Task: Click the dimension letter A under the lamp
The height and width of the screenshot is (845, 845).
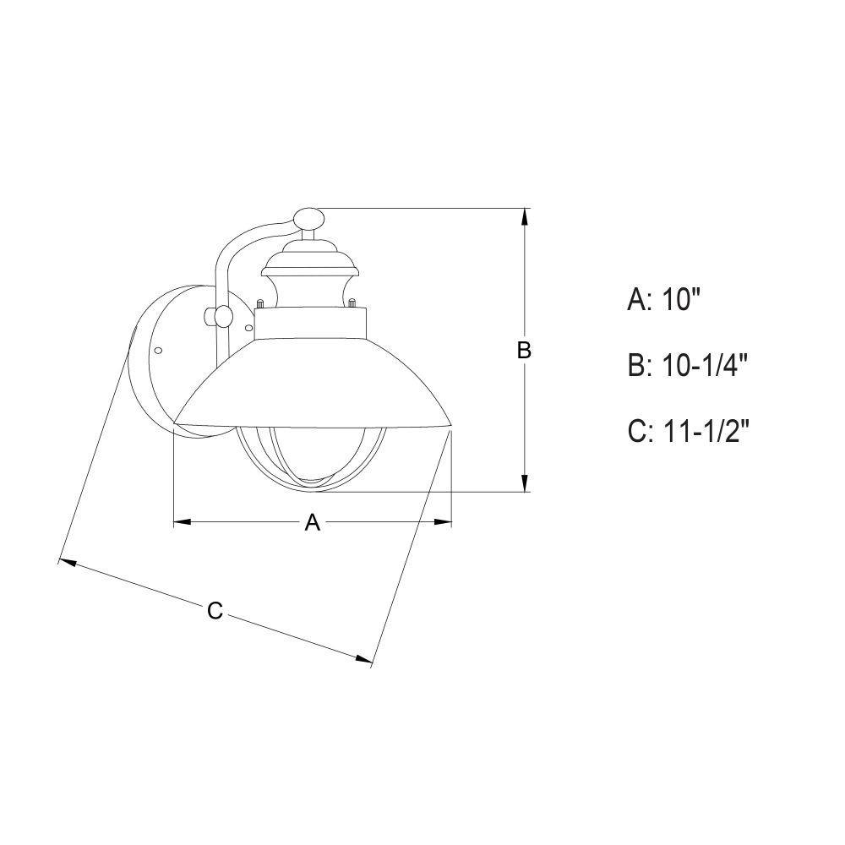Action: point(313,522)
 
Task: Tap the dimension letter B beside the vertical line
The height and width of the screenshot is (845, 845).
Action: point(524,351)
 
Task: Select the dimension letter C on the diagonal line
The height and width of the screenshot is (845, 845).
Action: point(215,611)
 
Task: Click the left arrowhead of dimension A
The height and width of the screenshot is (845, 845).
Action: point(183,522)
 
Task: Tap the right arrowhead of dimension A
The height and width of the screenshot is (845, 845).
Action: point(443,522)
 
